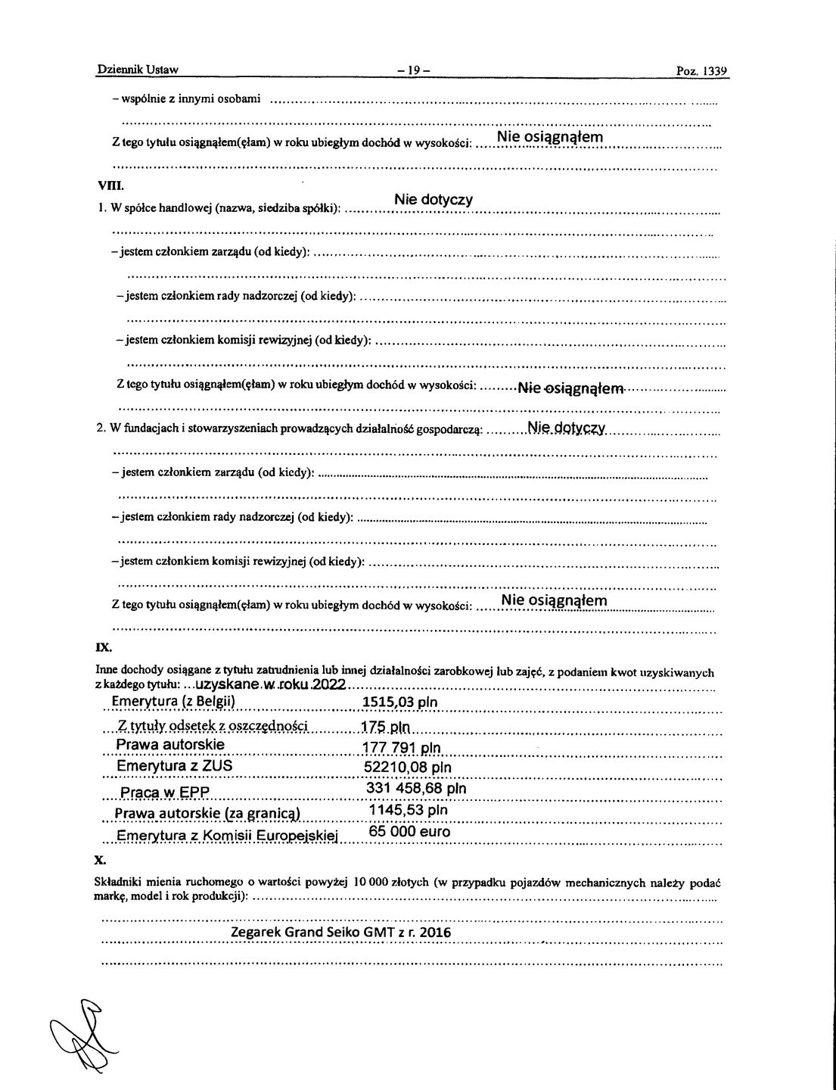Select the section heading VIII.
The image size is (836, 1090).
pyautogui.click(x=105, y=185)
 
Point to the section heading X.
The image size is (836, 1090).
pyautogui.click(x=100, y=861)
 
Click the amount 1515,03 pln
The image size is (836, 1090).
pyautogui.click(x=399, y=702)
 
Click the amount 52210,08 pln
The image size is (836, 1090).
pyautogui.click(x=408, y=767)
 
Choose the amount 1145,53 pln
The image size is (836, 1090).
pyautogui.click(x=407, y=810)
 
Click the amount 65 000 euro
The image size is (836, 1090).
pyautogui.click(x=409, y=832)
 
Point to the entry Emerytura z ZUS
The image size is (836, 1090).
pyautogui.click(x=174, y=766)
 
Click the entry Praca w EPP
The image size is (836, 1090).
pyautogui.click(x=163, y=793)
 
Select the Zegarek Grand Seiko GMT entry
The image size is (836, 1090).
pyautogui.click(x=340, y=933)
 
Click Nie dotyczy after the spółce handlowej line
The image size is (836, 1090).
pyautogui.click(x=434, y=200)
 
